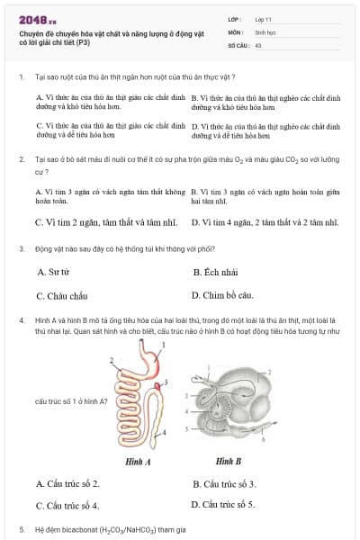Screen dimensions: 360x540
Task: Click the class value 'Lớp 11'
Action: tap(264, 17)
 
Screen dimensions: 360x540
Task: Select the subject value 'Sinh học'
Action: tap(266, 31)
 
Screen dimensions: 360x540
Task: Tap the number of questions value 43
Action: tap(258, 43)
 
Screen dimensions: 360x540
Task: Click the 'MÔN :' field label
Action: tap(236, 31)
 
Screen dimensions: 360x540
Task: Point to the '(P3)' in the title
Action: tap(82, 41)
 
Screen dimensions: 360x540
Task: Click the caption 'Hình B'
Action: tap(229, 461)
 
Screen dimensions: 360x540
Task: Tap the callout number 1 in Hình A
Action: tap(163, 345)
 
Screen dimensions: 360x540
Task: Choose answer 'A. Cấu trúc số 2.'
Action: tap(67, 483)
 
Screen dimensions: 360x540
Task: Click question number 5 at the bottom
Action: tap(22, 529)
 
